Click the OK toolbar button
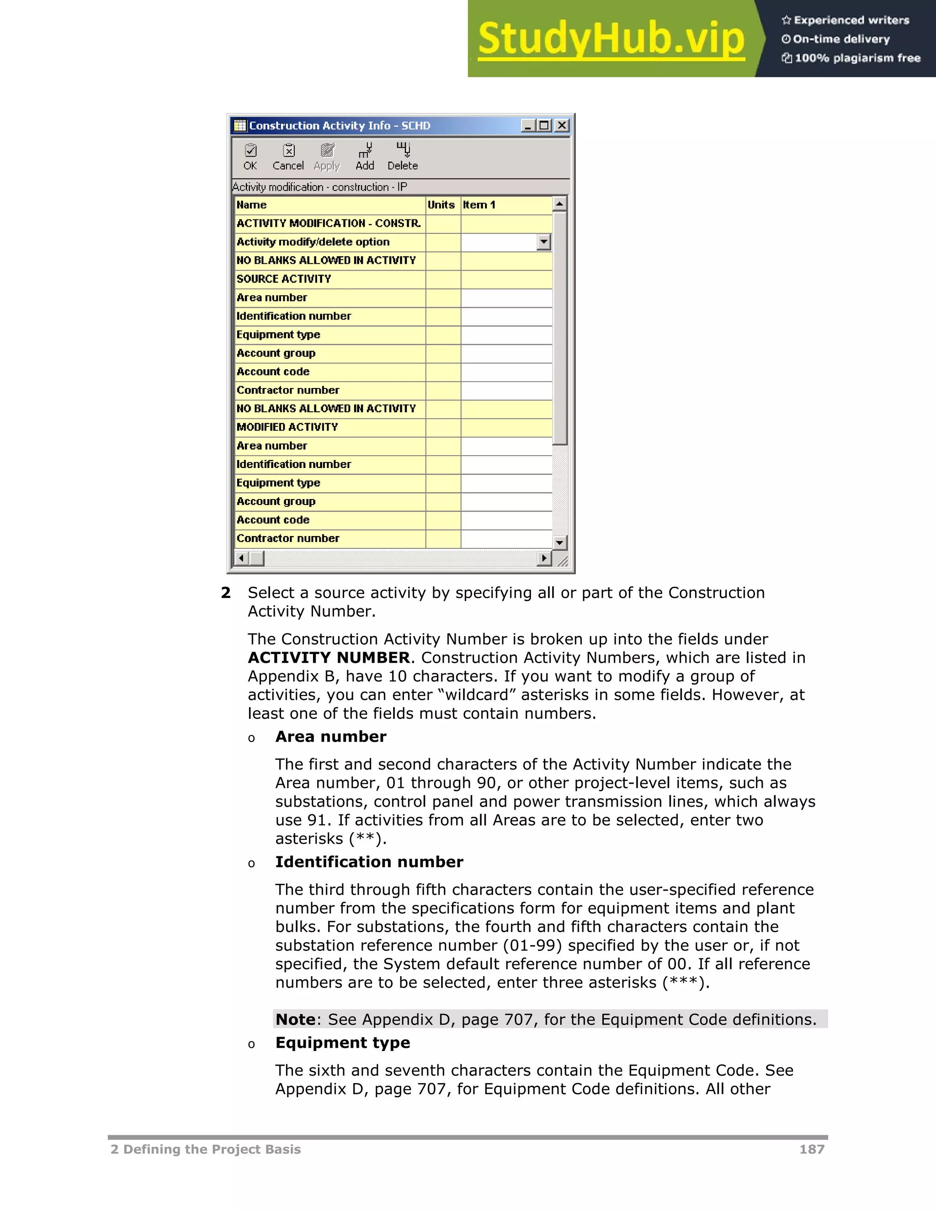coord(250,157)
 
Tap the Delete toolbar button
coord(403,157)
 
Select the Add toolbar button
coord(365,157)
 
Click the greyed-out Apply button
coord(327,157)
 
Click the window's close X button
coord(562,125)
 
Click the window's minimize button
coord(528,125)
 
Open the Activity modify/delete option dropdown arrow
coord(544,242)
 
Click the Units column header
coord(441,205)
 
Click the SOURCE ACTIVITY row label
coord(284,279)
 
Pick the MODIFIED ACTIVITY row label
coord(287,427)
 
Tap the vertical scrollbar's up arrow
coord(559,204)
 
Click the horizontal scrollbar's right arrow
coord(544,558)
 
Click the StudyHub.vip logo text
coord(611,39)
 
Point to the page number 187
coord(811,1149)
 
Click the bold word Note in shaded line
coord(296,1019)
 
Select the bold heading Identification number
coord(369,862)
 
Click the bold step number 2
coord(226,593)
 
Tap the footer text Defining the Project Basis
coord(211,1149)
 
